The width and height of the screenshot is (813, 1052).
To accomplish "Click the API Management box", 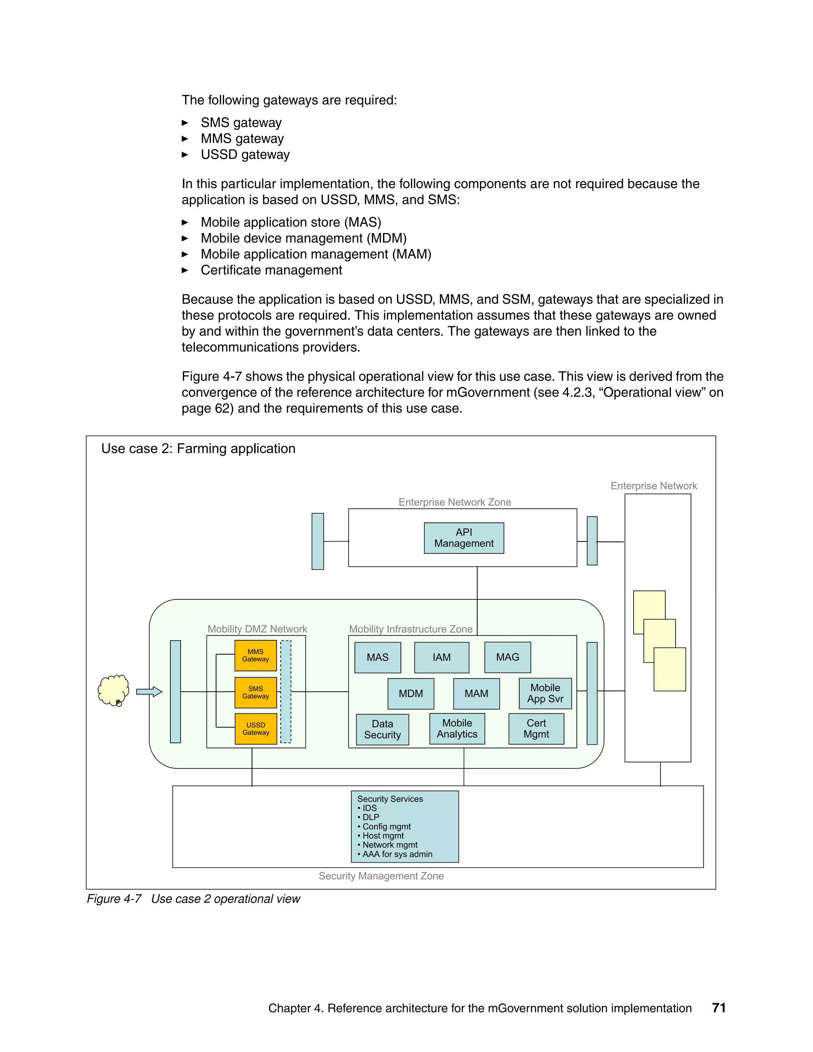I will tap(464, 538).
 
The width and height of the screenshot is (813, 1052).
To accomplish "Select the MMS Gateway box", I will tap(255, 655).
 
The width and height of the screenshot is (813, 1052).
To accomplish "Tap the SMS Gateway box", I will tap(255, 693).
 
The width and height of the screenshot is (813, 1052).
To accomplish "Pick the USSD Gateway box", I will tap(255, 729).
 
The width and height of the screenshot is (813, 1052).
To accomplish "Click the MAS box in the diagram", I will tap(378, 657).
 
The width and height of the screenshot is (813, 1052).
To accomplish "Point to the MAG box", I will tap(508, 657).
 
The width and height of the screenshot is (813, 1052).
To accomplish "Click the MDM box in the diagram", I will tap(411, 694).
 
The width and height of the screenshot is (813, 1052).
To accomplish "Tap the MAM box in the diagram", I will tap(476, 694).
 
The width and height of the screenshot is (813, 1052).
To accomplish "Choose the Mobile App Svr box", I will tap(545, 694).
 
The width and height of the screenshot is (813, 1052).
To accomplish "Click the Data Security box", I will tap(382, 729).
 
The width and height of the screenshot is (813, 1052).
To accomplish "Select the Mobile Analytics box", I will tap(457, 729).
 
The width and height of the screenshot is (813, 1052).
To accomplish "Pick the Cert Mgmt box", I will tap(536, 729).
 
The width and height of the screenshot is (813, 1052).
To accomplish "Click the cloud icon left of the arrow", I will tap(113, 690).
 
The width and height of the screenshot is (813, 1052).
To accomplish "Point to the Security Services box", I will tap(405, 827).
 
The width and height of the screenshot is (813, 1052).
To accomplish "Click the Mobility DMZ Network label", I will tap(257, 629).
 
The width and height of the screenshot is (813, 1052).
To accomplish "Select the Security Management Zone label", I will tap(381, 876).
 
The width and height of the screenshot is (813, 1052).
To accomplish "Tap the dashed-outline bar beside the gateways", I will tap(285, 692).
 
